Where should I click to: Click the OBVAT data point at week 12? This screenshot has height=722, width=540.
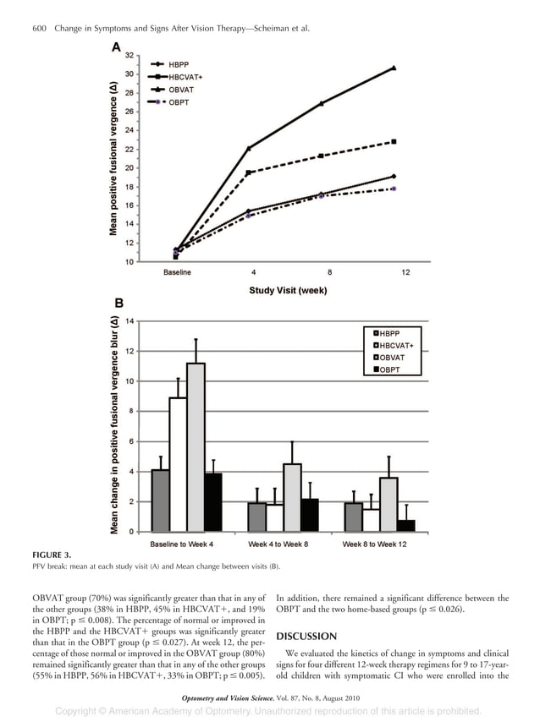point(394,68)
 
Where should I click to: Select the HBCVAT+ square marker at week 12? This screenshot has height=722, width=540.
point(394,141)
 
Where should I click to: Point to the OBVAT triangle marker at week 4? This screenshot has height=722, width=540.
point(249,148)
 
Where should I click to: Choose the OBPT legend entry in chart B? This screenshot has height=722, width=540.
point(390,369)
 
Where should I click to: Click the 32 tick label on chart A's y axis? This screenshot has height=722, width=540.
point(127,55)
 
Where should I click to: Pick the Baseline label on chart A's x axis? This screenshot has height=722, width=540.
point(177,272)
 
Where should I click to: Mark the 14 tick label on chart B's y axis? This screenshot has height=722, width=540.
point(129,321)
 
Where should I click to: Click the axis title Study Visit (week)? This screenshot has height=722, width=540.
point(288,290)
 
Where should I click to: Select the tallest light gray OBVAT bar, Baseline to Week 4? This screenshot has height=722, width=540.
point(196,446)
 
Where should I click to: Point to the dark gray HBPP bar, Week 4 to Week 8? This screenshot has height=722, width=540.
point(256,517)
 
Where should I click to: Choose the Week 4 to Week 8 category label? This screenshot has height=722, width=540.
point(278,544)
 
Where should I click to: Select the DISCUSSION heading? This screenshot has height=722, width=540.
point(306,636)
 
